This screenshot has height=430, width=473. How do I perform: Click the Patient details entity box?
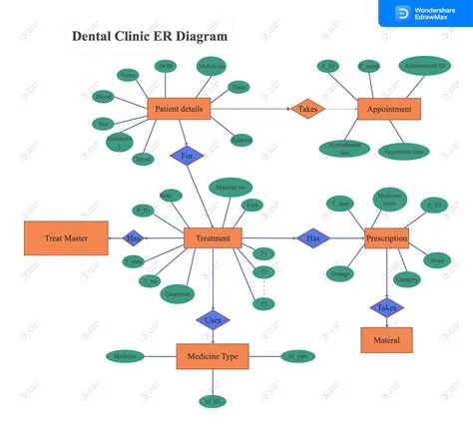179,109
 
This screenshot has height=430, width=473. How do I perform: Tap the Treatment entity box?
213,237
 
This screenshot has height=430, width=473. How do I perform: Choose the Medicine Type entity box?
213,356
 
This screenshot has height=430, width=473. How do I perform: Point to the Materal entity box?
386,340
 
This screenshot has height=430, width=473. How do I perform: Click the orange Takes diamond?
307,109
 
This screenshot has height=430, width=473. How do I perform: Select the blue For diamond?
186,156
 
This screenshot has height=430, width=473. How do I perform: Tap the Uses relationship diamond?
213,320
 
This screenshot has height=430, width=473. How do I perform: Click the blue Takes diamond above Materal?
386,307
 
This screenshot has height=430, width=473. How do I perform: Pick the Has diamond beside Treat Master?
134,237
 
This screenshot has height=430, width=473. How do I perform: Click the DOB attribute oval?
166,67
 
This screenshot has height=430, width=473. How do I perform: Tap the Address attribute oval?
240,141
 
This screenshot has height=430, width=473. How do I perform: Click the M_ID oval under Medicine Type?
212,400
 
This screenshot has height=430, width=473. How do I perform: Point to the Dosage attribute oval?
339,272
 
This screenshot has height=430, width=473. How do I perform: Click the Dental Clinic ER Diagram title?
150,37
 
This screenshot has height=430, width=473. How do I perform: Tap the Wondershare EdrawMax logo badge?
425,12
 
